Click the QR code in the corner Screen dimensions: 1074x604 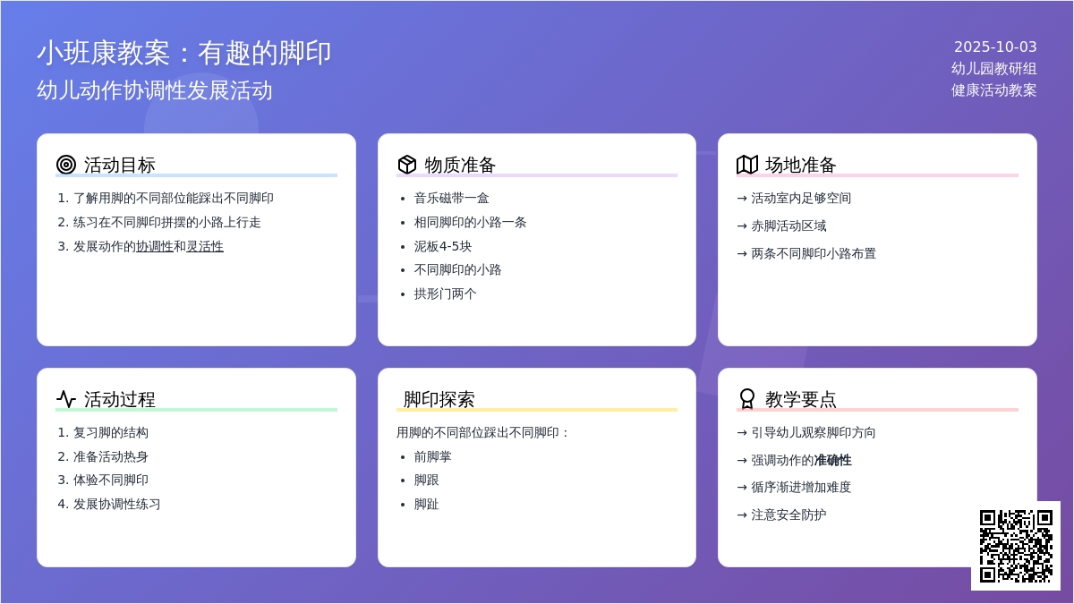1016,546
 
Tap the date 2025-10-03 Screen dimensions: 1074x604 995,47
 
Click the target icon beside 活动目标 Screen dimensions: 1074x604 66,165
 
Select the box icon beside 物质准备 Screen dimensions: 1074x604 406,165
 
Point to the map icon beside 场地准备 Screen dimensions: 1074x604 747,165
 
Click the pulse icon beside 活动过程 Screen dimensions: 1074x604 66,399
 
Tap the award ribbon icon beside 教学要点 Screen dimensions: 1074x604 747,399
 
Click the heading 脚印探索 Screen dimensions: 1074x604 439,399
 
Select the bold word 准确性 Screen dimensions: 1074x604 833,460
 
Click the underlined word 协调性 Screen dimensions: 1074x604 155,246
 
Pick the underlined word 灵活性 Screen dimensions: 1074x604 205,246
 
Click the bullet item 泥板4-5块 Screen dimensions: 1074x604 442,246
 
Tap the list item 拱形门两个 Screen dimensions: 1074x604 445,293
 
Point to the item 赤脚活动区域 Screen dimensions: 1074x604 788,225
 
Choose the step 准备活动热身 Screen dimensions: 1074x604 110,456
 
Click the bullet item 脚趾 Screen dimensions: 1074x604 426,504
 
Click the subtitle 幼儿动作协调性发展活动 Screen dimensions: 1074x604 154,90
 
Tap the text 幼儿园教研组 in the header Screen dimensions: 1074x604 994,69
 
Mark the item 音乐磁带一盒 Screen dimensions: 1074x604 451,198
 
